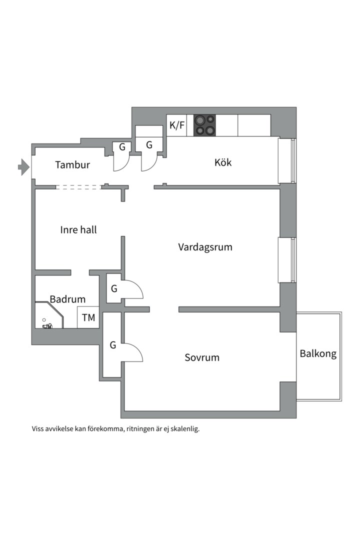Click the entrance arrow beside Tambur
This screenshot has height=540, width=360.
click(23, 167)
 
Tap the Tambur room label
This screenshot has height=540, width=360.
click(72, 164)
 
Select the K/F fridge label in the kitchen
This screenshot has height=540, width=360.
click(177, 125)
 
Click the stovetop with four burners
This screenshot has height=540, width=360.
click(204, 125)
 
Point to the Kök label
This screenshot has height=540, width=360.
click(223, 162)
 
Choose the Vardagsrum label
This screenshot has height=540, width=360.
click(205, 247)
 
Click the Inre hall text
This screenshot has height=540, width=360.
click(78, 229)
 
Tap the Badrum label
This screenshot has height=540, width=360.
click(67, 299)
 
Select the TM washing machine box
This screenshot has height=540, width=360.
click(88, 317)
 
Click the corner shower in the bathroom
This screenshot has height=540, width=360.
click(49, 315)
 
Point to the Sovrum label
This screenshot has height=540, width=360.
click(202, 357)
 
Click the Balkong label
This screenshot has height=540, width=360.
click(318, 353)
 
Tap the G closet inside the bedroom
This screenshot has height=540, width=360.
click(112, 344)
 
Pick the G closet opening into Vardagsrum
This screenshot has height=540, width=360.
click(114, 288)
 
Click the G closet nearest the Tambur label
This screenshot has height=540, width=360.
click(122, 147)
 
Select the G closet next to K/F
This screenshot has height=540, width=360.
click(149, 144)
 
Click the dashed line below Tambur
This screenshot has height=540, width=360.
click(78, 187)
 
